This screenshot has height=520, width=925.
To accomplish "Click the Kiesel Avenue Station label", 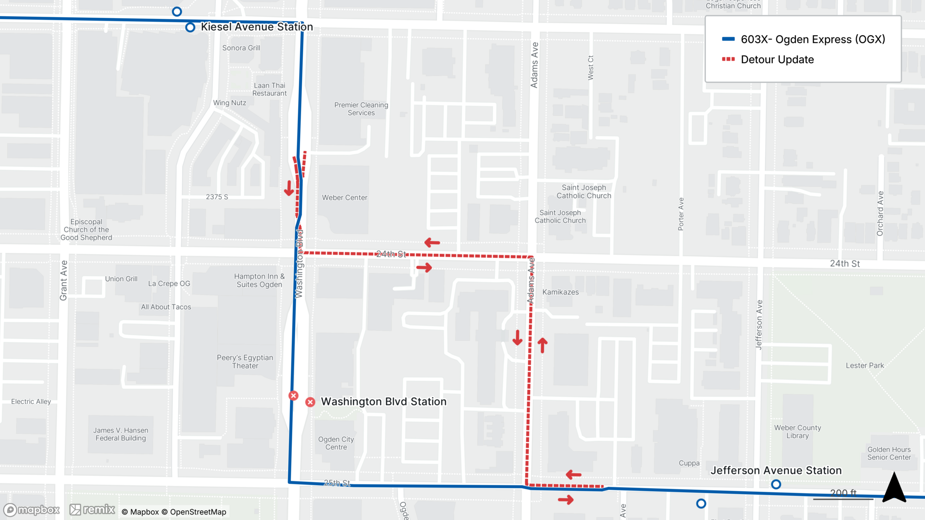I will point(257,27).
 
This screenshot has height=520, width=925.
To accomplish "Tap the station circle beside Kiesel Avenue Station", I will point(190,27).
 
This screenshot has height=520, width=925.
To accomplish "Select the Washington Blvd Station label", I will point(383,401).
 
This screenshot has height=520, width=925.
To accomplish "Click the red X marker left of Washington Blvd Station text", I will point(310,402).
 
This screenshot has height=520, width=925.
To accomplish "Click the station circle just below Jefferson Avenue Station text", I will point(776,484).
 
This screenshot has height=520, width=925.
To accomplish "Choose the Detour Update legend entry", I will point(777,60).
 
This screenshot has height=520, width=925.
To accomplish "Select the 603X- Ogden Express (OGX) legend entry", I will point(813,39).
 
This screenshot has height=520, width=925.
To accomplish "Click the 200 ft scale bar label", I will point(843,493).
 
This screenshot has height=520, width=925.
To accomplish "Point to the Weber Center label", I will point(345,198).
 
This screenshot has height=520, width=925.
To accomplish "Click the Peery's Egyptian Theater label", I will point(245,362).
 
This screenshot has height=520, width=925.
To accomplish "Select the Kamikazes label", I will point(561,292).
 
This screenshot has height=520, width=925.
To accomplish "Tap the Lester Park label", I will point(864,365).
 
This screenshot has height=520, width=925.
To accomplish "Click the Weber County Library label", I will point(797,432).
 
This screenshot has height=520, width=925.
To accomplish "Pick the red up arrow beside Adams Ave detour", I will point(543,345).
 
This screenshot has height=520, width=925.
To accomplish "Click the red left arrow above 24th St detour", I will point(432,243).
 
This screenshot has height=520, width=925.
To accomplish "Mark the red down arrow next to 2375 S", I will point(289,188).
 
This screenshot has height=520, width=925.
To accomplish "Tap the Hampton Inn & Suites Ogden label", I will point(259,280).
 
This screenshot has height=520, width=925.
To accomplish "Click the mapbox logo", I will point(31,510).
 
